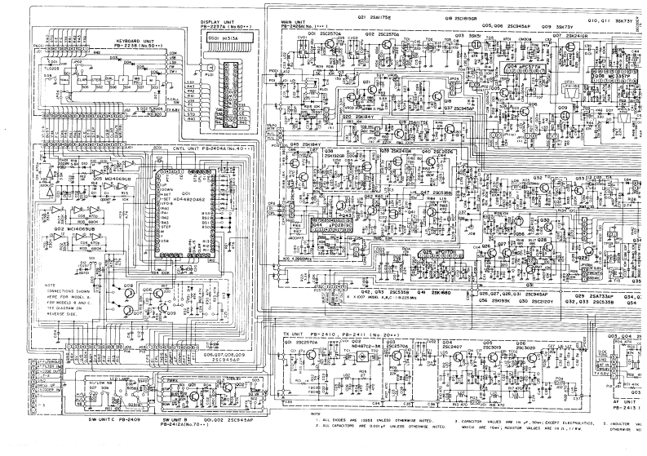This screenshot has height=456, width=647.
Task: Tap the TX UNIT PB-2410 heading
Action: click(x=323, y=335)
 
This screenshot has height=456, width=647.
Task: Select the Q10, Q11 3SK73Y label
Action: click(x=614, y=16)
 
